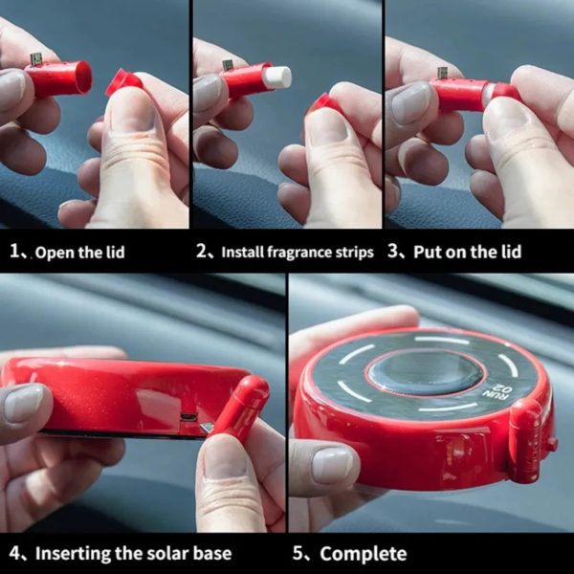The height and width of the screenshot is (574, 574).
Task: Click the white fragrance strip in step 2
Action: pyautogui.click(x=277, y=78)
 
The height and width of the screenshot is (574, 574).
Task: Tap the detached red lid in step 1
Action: pyautogui.click(x=123, y=82)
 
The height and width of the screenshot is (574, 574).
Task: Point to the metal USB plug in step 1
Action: pyautogui.click(x=35, y=59)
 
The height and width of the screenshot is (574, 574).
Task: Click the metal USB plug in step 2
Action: pyautogui.click(x=228, y=65)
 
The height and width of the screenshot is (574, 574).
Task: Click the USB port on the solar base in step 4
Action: pyautogui.click(x=188, y=416)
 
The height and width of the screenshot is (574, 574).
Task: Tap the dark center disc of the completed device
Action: pyautogui.click(x=426, y=372)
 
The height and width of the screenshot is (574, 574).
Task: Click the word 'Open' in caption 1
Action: pyautogui.click(x=50, y=253)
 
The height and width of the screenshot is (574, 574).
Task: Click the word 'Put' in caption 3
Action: pyautogui.click(x=426, y=252)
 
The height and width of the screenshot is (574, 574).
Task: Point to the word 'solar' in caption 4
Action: pyautogui.click(x=166, y=553)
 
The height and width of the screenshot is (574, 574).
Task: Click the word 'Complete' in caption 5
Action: pyautogui.click(x=364, y=553)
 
